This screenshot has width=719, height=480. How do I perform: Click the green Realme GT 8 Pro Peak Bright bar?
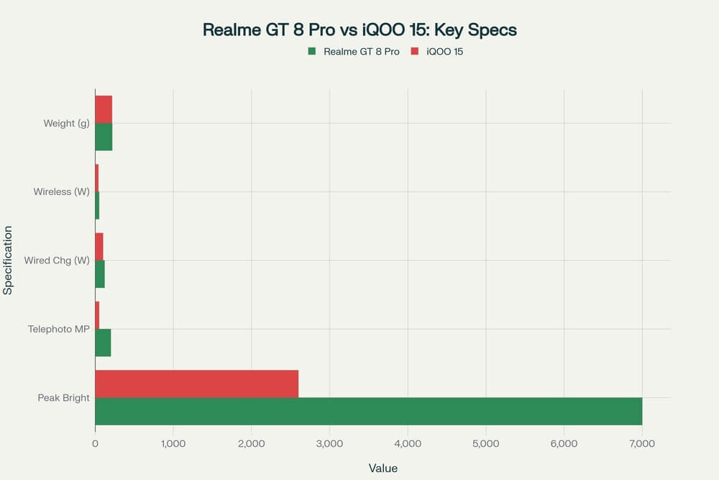tap(368, 411)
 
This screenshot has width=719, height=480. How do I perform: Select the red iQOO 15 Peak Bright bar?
tap(196, 384)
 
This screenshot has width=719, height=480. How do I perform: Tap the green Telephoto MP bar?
tap(103, 343)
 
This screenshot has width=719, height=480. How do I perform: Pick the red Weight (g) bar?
tap(104, 109)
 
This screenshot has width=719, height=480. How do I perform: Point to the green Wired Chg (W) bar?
tap(100, 274)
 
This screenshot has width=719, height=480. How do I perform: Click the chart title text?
tap(359, 30)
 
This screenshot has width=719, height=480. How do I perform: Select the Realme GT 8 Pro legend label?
tap(361, 52)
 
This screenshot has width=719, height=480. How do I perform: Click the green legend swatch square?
tap(311, 52)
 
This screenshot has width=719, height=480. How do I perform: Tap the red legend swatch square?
tap(414, 52)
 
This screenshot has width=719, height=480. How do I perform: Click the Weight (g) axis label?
tap(66, 123)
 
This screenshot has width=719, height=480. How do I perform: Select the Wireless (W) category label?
tap(61, 191)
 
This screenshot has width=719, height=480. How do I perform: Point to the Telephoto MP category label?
tap(59, 329)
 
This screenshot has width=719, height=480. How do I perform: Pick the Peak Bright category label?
tap(63, 397)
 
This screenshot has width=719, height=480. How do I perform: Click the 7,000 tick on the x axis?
tap(642, 444)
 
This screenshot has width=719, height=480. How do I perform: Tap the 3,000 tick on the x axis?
tap(329, 444)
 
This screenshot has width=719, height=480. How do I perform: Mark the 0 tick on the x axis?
tap(95, 444)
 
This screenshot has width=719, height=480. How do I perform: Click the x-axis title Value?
tap(383, 468)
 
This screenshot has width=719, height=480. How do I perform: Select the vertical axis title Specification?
tap(8, 260)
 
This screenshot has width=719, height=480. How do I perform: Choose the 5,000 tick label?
tap(485, 444)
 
